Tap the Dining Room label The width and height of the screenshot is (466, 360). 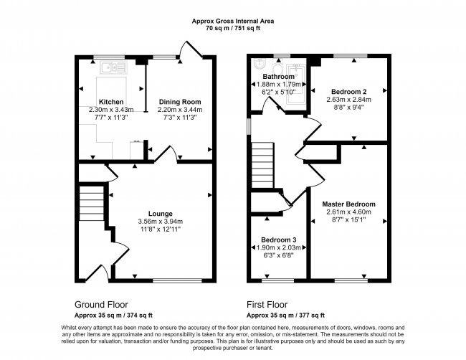pos(179,102)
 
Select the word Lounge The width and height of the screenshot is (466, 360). pos(159,213)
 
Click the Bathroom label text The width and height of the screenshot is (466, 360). pos(277,77)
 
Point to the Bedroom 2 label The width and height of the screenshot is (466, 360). pos(349,91)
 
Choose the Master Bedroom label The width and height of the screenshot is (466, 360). pos(348,204)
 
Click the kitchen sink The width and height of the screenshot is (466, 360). pos(110,68)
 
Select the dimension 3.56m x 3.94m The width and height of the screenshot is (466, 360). pos(159,221)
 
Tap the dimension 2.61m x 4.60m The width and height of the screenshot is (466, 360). pos(348,212)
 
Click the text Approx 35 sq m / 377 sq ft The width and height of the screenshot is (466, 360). pos(285,315)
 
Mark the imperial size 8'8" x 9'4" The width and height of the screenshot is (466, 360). pos(349,107)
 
